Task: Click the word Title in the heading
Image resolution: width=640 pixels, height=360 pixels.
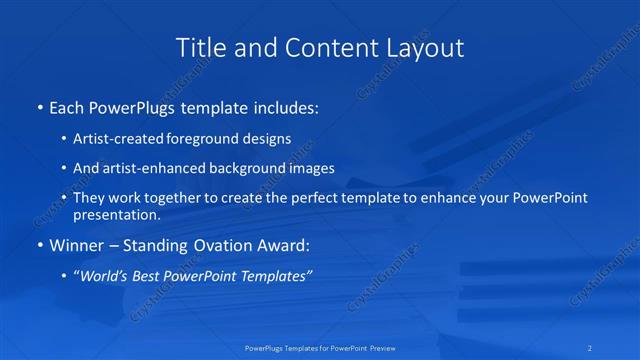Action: pos(200,47)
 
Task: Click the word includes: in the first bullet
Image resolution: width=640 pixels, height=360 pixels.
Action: pos(283,108)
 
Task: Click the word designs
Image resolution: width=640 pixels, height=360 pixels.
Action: pos(269,139)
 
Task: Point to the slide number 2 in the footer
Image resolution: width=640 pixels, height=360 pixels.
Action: pos(591,348)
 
